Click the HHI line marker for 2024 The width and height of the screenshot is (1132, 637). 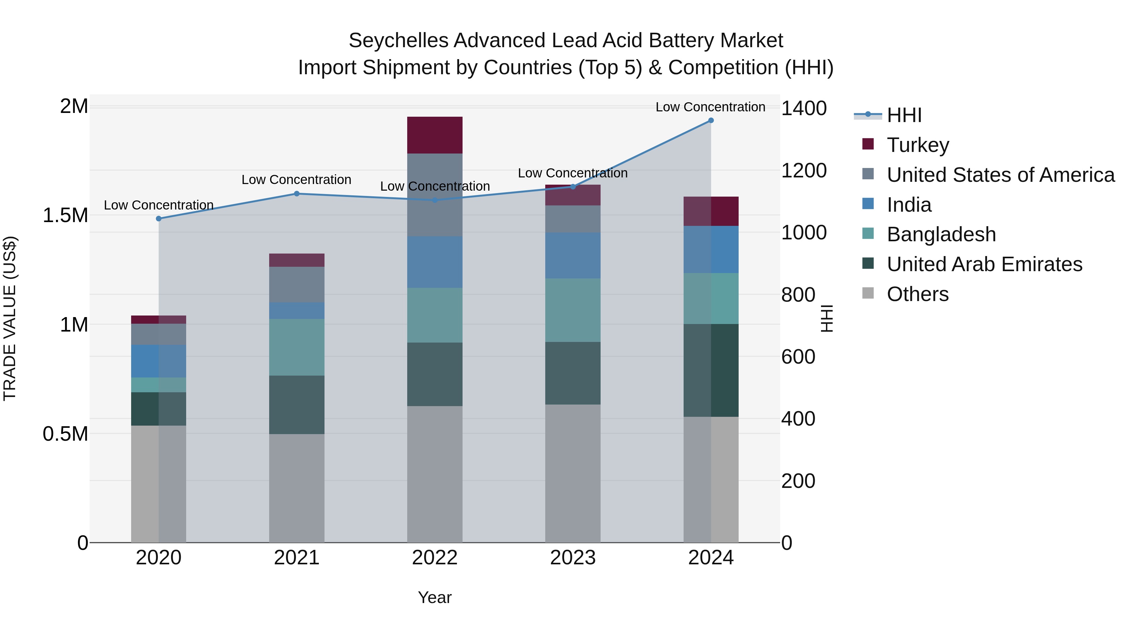click(x=711, y=120)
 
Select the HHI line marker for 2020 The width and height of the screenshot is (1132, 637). click(x=159, y=219)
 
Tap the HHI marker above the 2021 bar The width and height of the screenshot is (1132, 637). click(x=297, y=193)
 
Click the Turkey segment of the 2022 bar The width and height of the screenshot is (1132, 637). click(x=435, y=135)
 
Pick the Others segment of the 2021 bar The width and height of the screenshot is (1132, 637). click(x=297, y=488)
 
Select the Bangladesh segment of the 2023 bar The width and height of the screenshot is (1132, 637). click(x=573, y=310)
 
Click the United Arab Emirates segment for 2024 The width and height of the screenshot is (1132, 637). click(x=711, y=370)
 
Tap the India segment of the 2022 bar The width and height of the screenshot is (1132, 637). click(x=435, y=262)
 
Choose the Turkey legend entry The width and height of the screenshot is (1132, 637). click(x=918, y=145)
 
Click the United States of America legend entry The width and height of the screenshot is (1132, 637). click(x=1000, y=175)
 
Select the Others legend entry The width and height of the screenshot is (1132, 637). click(x=917, y=294)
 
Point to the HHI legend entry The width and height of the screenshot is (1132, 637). click(x=904, y=115)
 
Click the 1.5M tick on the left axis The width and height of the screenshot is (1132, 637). click(x=65, y=215)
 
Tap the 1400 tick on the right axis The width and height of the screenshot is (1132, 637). click(x=804, y=108)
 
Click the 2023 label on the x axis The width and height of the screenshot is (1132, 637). click(x=573, y=558)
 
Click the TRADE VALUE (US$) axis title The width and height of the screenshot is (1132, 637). click(x=10, y=318)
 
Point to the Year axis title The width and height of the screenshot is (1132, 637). click(x=435, y=597)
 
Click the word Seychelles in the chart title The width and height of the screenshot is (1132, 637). click(x=398, y=41)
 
